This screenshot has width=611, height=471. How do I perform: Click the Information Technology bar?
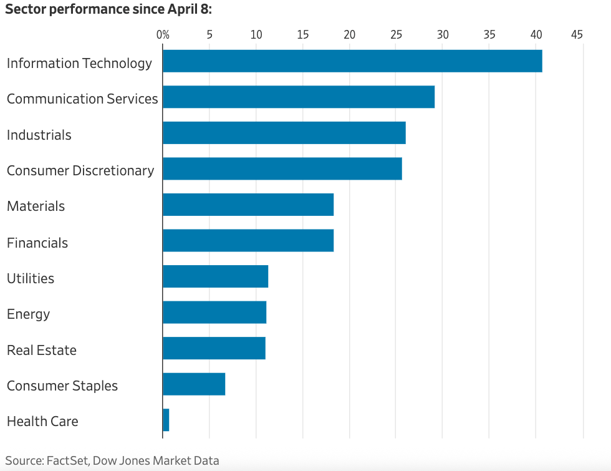click(352, 61)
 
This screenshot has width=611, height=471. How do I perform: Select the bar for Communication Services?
click(299, 97)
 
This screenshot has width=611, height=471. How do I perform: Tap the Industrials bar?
click(284, 133)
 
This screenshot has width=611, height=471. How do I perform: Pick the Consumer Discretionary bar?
click(282, 168)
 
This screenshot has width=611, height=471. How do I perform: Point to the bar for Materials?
click(248, 205)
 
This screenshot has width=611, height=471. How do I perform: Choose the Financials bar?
click(248, 240)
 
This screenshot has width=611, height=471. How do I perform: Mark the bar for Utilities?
click(216, 276)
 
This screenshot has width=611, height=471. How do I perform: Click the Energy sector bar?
click(214, 312)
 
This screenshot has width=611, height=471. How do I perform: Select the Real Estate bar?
click(214, 348)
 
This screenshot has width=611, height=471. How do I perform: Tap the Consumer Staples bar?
click(194, 384)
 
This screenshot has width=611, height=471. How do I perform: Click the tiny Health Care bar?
click(166, 420)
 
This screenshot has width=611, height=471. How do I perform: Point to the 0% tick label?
click(163, 34)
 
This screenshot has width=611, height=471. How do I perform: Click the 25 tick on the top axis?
click(396, 34)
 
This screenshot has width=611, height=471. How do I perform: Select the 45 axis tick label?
click(577, 34)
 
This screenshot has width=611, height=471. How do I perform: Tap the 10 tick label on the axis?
click(256, 34)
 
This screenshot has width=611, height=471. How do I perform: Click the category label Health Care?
click(42, 421)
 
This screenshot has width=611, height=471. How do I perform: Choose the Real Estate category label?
click(42, 350)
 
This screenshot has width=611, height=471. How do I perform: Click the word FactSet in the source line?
click(67, 461)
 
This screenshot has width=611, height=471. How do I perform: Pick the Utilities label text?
click(31, 278)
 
